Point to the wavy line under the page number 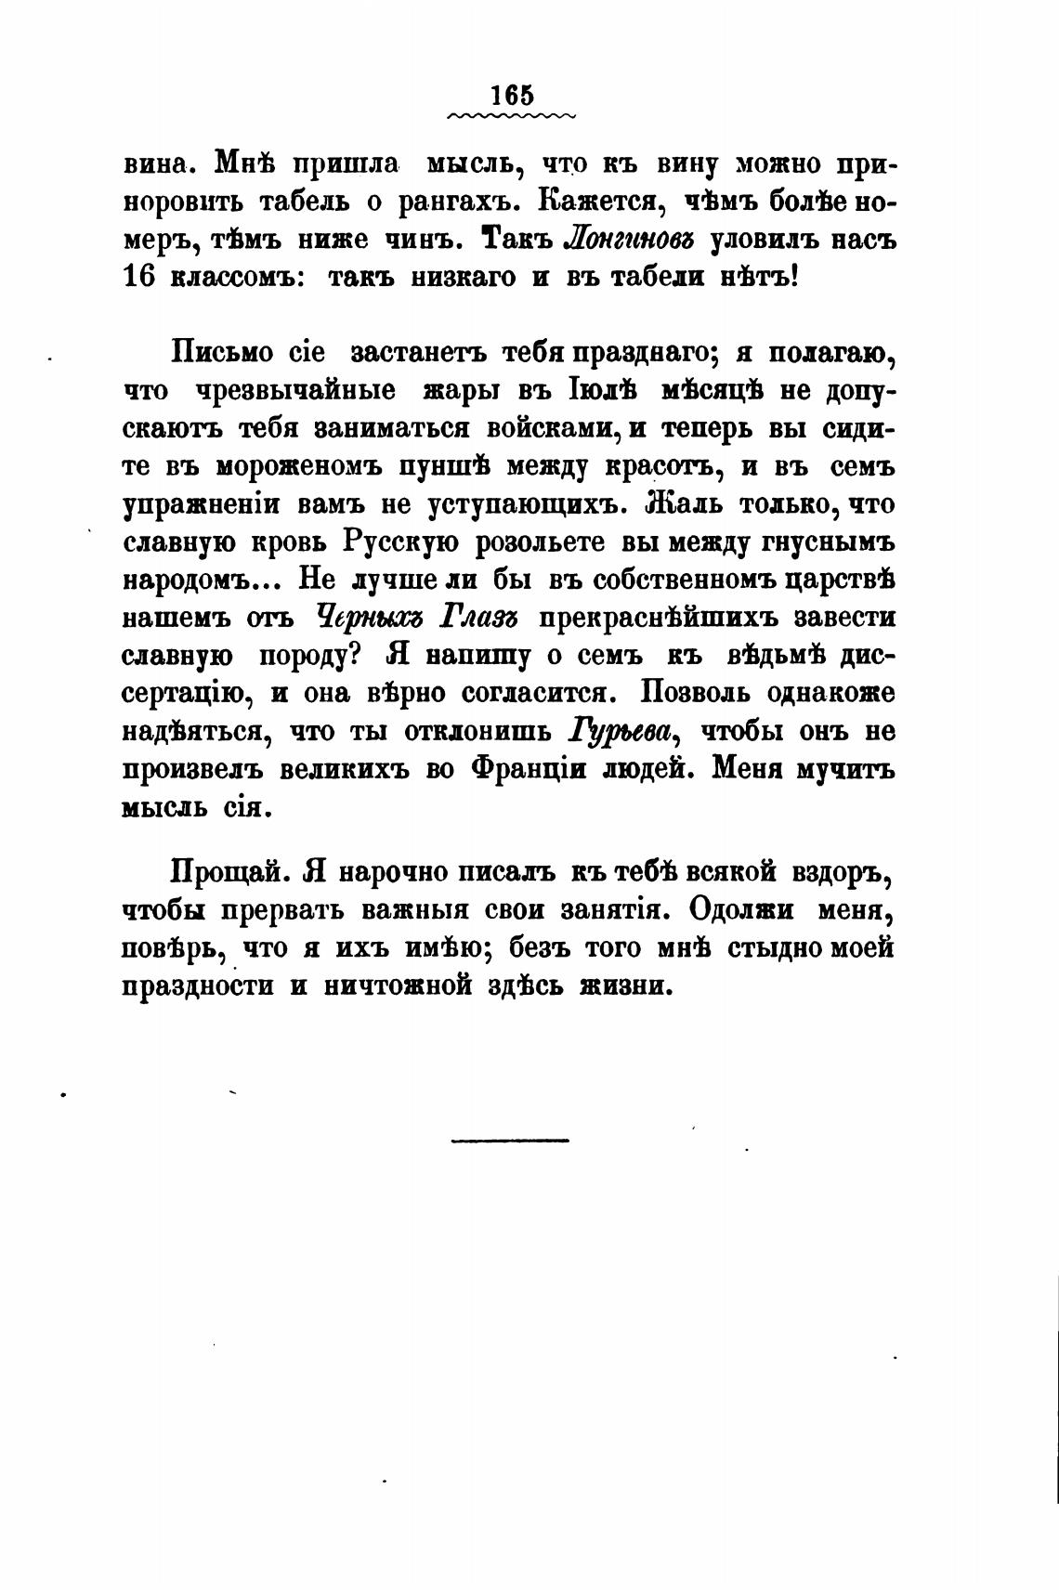(511, 117)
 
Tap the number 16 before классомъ (138, 277)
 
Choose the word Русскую (400, 542)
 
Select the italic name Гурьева (620, 732)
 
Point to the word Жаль (684, 503)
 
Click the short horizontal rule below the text (510, 1140)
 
